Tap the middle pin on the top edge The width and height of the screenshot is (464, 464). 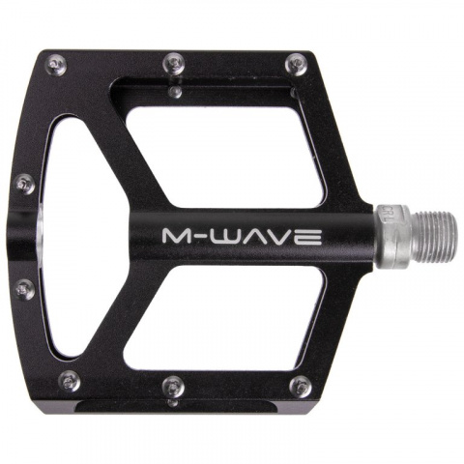[x=173, y=60]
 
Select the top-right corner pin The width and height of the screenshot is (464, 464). [x=293, y=64]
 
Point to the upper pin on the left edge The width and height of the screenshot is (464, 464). [x=24, y=181]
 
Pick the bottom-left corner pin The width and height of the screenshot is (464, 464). [x=66, y=380]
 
